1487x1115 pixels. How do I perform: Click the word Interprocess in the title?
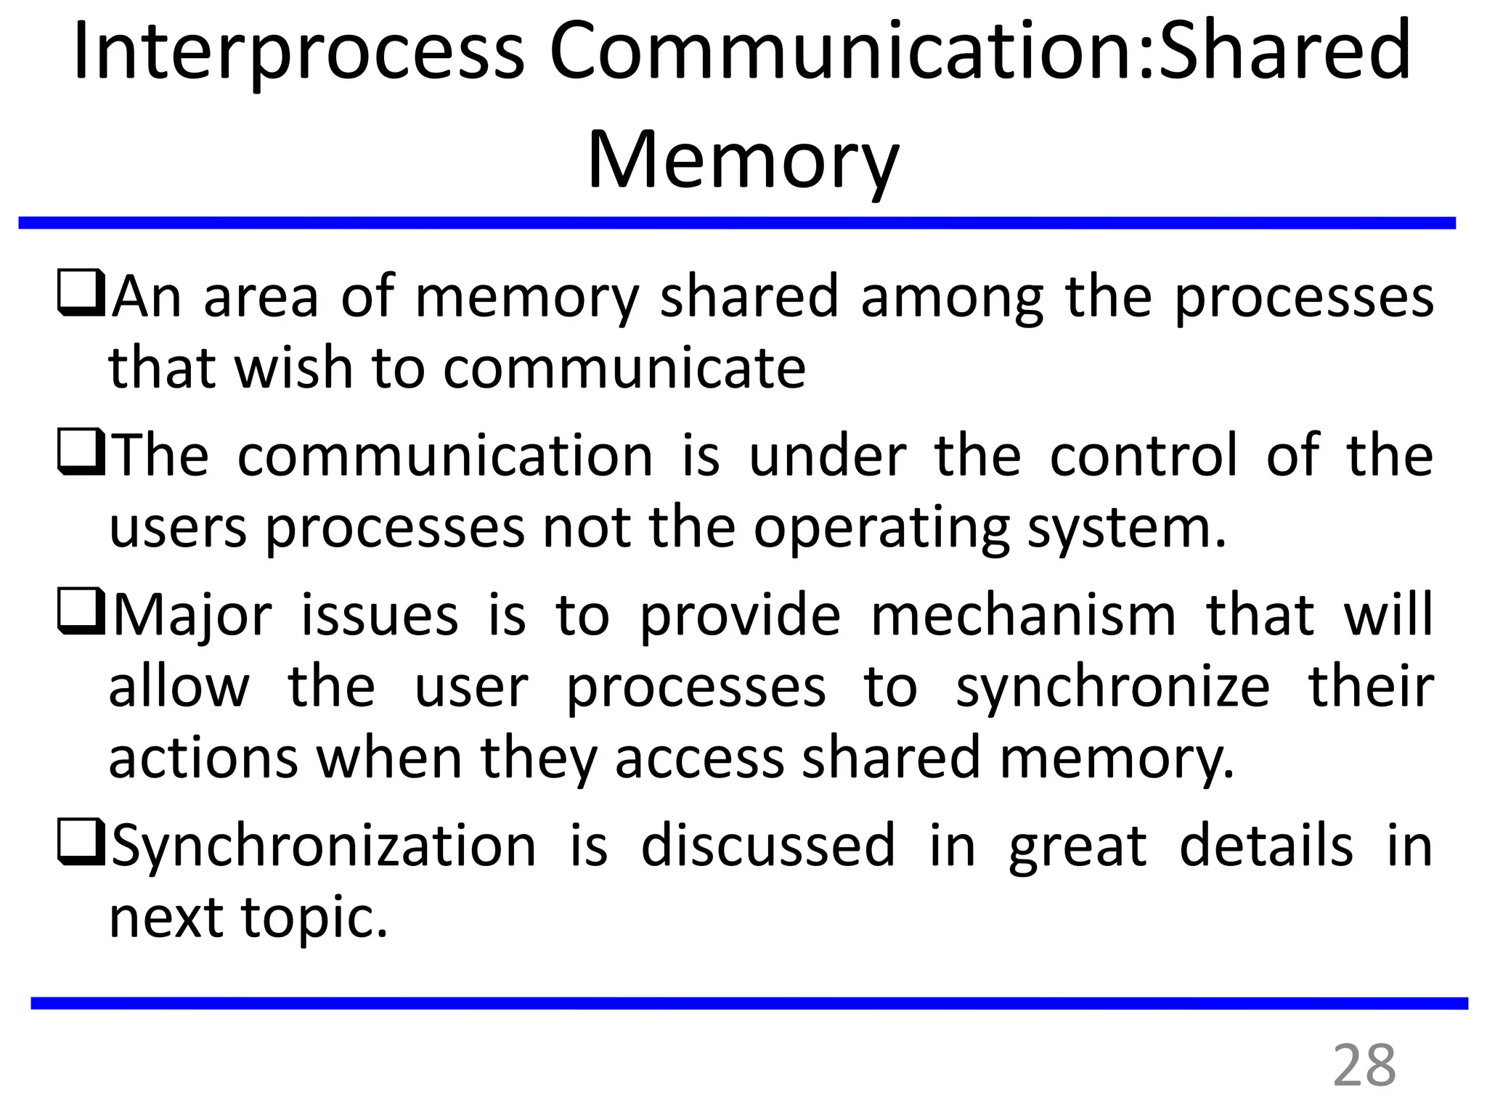(x=298, y=52)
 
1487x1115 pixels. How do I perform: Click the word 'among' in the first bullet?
(x=952, y=298)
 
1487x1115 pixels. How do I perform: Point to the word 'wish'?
(x=293, y=367)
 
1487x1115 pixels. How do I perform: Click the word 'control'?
(x=1143, y=456)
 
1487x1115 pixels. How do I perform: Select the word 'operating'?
(x=881, y=528)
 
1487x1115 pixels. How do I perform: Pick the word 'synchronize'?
(x=1112, y=688)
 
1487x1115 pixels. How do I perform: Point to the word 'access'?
(x=700, y=758)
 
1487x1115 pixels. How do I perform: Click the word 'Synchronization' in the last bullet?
(x=324, y=846)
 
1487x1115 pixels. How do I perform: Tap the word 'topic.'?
(x=314, y=919)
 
